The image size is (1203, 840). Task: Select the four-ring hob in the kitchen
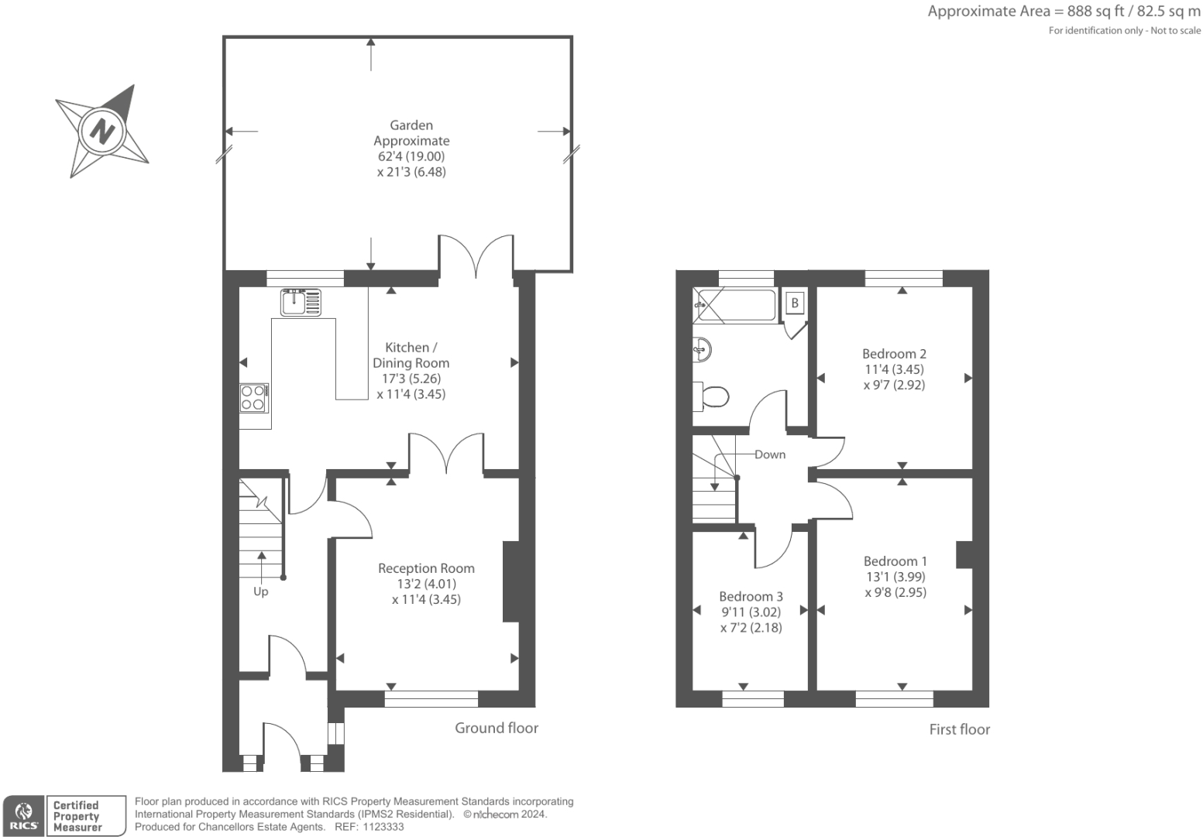tap(253, 398)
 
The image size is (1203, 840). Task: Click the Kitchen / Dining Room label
tap(411, 355)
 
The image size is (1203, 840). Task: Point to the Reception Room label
tap(426, 568)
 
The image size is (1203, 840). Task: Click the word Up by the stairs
tap(261, 591)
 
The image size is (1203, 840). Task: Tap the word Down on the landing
tap(770, 454)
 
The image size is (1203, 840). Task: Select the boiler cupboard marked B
tap(795, 303)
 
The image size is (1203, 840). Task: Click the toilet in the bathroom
tap(710, 397)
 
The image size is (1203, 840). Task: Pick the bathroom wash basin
tap(702, 349)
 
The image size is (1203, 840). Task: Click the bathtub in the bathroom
tap(736, 306)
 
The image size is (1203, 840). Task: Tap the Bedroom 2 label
tap(894, 354)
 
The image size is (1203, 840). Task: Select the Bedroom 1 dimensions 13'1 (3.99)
tap(895, 577)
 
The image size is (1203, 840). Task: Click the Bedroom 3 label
tap(751, 596)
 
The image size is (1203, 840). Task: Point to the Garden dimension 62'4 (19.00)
tap(411, 156)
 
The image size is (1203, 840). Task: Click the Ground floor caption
tap(496, 728)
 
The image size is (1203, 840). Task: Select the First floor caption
tap(959, 729)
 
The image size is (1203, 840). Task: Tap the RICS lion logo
tap(24, 815)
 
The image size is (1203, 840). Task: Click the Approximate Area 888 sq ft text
tap(1064, 12)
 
